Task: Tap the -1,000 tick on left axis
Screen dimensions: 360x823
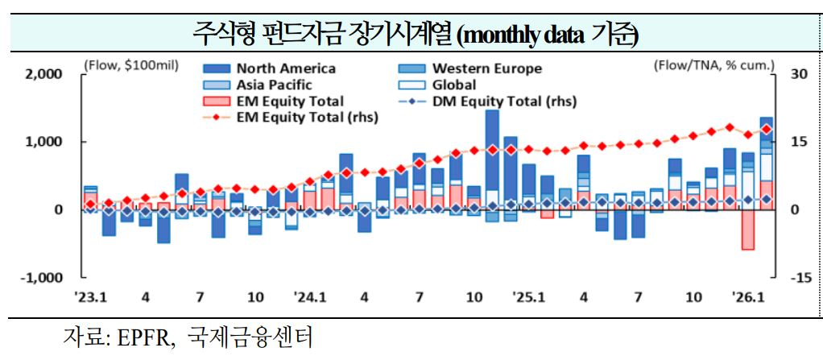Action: point(40,278)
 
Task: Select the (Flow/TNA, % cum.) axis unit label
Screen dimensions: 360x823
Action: point(713,64)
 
